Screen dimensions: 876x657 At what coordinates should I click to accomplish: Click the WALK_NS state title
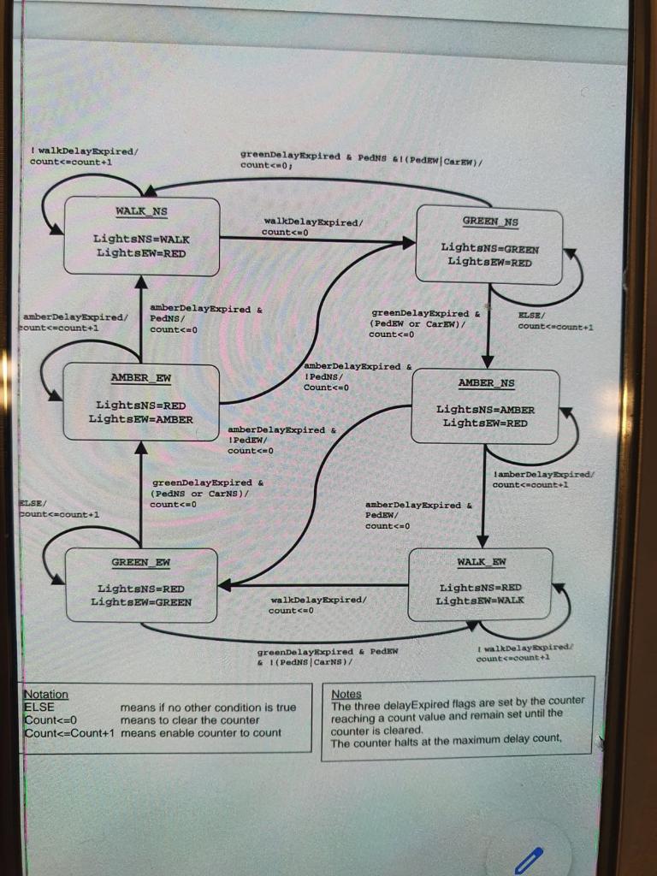(x=141, y=211)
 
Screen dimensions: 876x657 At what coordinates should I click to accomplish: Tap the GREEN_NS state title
(x=490, y=222)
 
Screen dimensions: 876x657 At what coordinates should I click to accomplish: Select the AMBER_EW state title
(x=140, y=377)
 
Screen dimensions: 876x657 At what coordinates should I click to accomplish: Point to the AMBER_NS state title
(x=486, y=383)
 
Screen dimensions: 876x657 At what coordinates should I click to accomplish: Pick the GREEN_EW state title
(x=140, y=562)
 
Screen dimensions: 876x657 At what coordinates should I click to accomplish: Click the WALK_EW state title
(x=482, y=562)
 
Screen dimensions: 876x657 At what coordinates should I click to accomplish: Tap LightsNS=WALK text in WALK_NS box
(x=141, y=240)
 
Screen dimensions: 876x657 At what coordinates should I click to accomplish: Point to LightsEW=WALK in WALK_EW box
(x=480, y=601)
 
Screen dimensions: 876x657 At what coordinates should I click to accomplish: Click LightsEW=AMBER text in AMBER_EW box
(x=140, y=419)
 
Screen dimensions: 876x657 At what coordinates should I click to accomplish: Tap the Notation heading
(x=46, y=695)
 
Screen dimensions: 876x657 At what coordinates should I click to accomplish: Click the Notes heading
(x=346, y=695)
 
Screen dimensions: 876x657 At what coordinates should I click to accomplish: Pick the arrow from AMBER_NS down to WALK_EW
(x=482, y=496)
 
